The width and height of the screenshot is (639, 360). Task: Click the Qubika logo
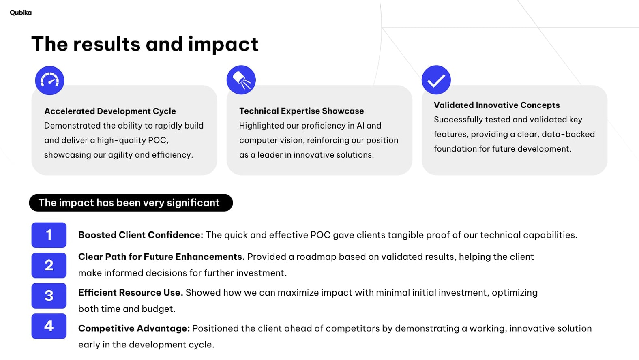[x=21, y=13]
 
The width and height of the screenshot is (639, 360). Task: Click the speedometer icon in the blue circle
[x=49, y=80]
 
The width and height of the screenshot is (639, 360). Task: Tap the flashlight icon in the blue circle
[x=241, y=80]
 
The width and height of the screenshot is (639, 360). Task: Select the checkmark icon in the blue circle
[x=436, y=80]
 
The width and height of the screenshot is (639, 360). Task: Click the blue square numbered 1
[x=49, y=235]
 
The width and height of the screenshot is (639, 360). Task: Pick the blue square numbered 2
[x=49, y=265]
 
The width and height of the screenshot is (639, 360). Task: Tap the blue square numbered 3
[x=49, y=296]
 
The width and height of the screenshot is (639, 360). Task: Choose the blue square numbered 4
[x=49, y=326]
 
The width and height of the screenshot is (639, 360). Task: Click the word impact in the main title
[x=223, y=44]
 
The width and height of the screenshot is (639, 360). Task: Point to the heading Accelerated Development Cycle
[x=110, y=111]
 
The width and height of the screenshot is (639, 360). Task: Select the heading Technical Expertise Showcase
[x=302, y=111]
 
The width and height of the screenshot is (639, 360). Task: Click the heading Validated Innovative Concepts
[x=497, y=105]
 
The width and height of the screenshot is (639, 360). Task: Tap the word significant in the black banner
[x=193, y=203]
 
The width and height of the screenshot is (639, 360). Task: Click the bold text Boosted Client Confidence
[x=141, y=235]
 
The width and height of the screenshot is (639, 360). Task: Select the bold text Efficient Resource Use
[x=131, y=292]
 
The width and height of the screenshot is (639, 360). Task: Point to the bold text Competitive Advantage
[x=134, y=328]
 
